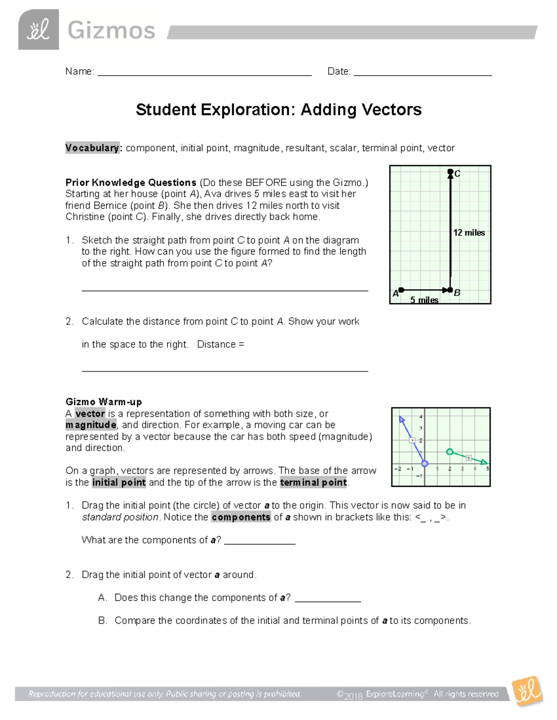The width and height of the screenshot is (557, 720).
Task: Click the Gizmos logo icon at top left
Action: (x=39, y=30)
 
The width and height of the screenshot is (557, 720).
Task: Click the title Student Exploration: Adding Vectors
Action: (x=278, y=110)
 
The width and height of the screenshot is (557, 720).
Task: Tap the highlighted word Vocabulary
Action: (x=92, y=148)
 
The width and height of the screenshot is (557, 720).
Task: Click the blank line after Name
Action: (x=204, y=73)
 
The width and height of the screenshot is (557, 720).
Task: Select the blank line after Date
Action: (x=422, y=73)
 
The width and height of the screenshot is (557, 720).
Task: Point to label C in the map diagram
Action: (x=457, y=174)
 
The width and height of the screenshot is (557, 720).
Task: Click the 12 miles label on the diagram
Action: (x=469, y=233)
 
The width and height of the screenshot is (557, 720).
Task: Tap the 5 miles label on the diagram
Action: (x=424, y=300)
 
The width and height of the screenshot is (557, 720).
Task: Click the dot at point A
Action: (x=402, y=290)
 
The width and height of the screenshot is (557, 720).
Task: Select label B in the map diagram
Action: (x=457, y=293)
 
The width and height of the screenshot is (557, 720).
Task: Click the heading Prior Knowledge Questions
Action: (x=131, y=183)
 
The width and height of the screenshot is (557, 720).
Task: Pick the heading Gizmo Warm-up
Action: (x=104, y=402)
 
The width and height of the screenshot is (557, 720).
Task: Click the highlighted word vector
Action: (x=90, y=414)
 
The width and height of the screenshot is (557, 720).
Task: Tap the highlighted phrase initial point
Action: (x=119, y=483)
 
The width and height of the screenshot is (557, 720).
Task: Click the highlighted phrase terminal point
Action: (x=313, y=483)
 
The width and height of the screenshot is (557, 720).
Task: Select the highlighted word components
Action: (x=241, y=517)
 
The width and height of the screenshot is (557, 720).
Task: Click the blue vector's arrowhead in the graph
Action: (x=402, y=419)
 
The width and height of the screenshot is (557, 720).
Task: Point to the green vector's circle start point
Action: (x=449, y=452)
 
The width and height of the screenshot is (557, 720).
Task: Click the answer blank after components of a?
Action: (x=260, y=542)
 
